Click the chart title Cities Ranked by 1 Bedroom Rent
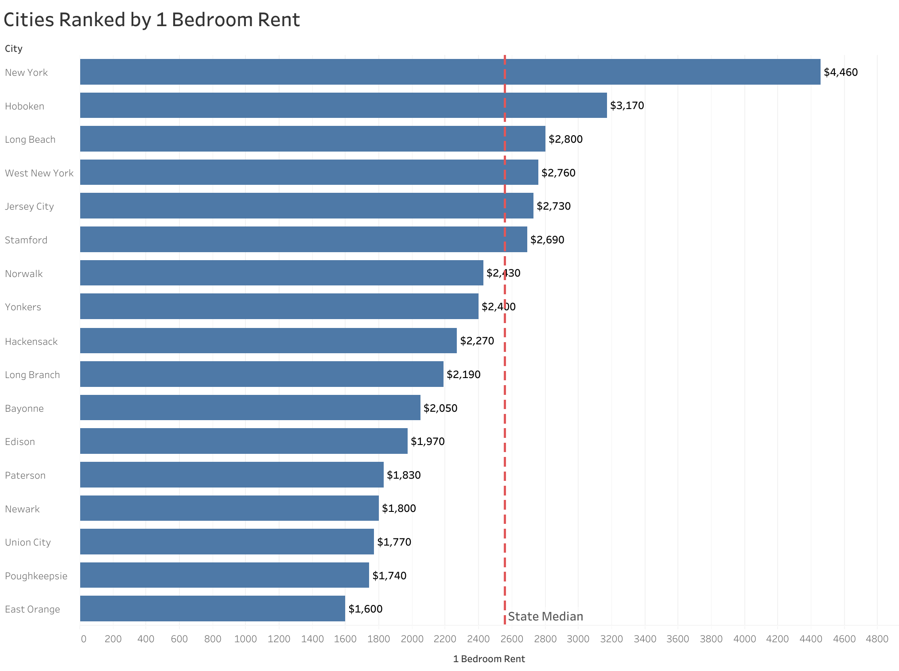coord(152,20)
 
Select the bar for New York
coord(450,72)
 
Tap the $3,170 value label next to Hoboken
coord(627,105)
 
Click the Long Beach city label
coord(30,140)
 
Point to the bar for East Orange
coord(213,609)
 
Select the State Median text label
coord(545,616)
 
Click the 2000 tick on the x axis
coord(412,639)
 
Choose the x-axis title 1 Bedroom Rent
coord(489,659)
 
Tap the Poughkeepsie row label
coord(36,576)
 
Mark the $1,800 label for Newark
coord(399,508)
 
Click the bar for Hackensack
coord(268,340)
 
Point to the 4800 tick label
coord(877,639)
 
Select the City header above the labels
coord(14,49)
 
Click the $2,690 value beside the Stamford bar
coord(547,240)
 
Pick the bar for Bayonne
coord(250,408)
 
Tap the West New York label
coord(39,173)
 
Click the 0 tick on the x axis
coord(83,639)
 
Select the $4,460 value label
coord(841,72)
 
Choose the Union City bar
coord(227,542)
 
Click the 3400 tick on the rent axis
coord(645,639)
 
